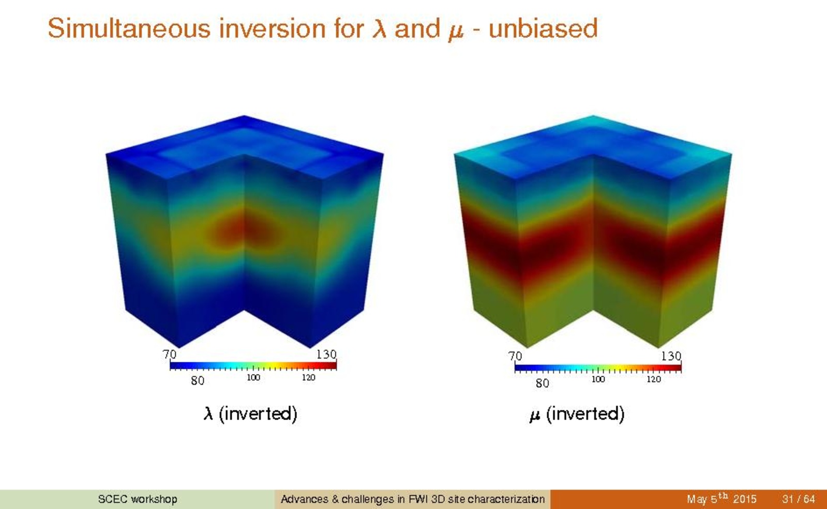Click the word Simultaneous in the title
click(x=129, y=28)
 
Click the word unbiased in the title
click(x=543, y=28)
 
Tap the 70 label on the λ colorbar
click(x=170, y=354)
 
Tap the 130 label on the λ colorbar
click(x=326, y=354)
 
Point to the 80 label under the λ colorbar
click(x=198, y=381)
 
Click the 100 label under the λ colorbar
click(x=253, y=378)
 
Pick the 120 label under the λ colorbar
click(x=308, y=378)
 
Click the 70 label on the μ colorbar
click(x=515, y=357)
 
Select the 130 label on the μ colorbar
click(x=671, y=357)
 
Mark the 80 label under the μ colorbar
click(x=543, y=383)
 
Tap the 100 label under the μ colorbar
click(x=598, y=379)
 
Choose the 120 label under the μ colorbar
click(x=653, y=379)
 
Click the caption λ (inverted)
click(x=250, y=414)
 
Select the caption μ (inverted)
click(x=577, y=414)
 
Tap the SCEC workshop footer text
click(x=138, y=499)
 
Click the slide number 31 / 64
click(x=798, y=499)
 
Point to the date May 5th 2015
click(x=721, y=499)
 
